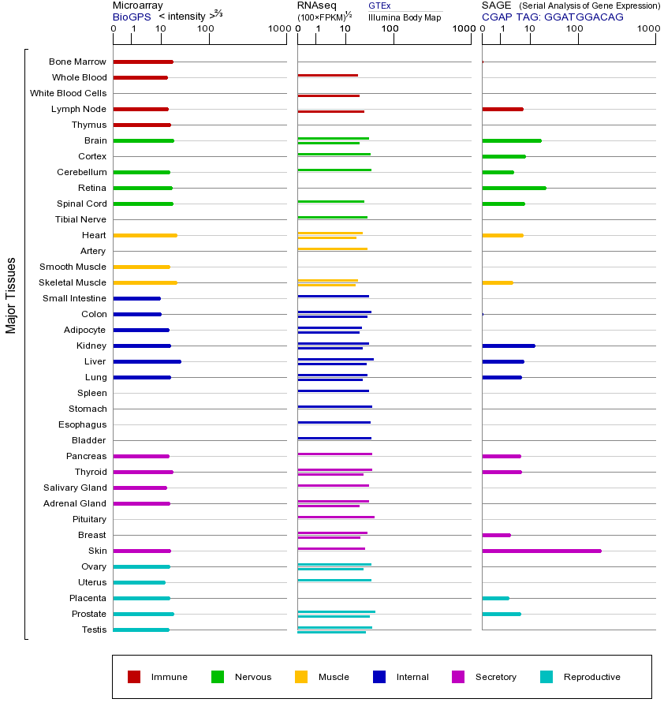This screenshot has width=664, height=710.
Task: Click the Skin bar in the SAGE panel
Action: (541, 551)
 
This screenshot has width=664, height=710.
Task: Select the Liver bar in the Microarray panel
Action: (147, 361)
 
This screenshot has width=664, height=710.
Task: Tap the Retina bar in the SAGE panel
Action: (513, 188)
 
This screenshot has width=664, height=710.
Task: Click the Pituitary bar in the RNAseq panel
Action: (336, 517)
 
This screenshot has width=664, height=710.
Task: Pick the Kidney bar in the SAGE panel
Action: (508, 346)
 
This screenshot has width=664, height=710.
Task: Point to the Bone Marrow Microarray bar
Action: (143, 62)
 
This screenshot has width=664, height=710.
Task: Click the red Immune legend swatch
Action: (134, 677)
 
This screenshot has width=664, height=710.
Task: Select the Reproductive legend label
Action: (591, 677)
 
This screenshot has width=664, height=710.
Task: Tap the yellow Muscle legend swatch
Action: (301, 677)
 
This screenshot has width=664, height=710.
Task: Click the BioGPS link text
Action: (130, 17)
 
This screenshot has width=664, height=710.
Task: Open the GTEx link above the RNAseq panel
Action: (379, 6)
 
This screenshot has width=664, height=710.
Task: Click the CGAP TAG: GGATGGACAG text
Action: (552, 17)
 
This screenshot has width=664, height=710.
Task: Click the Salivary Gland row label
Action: (75, 488)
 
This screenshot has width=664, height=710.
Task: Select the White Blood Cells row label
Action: (68, 93)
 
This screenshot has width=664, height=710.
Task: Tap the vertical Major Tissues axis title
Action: (11, 295)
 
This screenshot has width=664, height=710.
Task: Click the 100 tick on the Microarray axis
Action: (205, 30)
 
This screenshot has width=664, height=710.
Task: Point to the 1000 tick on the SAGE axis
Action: (647, 30)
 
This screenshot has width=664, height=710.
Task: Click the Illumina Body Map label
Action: (405, 17)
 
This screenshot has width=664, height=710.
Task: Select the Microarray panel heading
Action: (137, 6)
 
